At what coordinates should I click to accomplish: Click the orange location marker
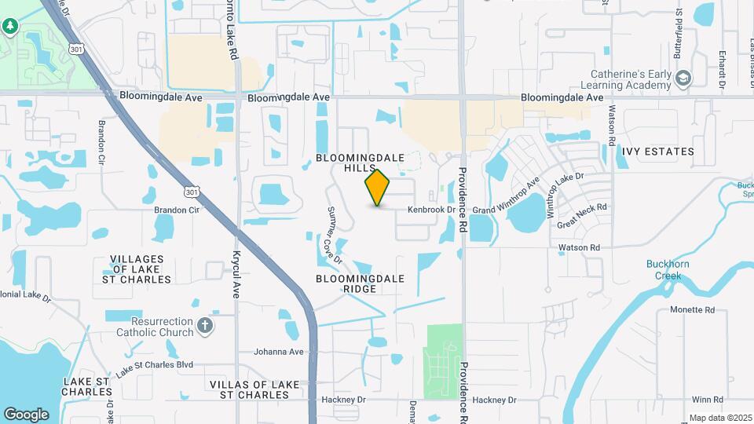[x=378, y=188]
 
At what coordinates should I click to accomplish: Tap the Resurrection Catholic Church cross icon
[x=205, y=326]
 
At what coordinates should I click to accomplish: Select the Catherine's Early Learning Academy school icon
[x=683, y=78]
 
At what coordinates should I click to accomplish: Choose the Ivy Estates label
[x=657, y=152]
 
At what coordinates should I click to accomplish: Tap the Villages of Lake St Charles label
[x=137, y=269]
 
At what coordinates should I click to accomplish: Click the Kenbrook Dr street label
[x=431, y=210]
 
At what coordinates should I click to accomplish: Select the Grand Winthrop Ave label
[x=507, y=196]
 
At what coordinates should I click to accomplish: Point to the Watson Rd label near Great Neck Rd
[x=579, y=248]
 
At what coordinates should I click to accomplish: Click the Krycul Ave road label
[x=235, y=274]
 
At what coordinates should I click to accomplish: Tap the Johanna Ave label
[x=278, y=352]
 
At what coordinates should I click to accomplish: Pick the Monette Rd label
[x=692, y=310]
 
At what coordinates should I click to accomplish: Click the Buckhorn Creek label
[x=668, y=270]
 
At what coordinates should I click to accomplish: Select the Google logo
[x=26, y=414]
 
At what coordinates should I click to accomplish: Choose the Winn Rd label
[x=707, y=400]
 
